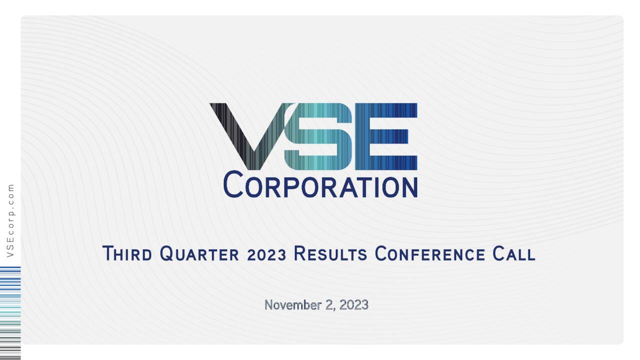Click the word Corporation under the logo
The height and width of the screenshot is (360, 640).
pos(320,184)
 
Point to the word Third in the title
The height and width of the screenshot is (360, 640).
pos(127,253)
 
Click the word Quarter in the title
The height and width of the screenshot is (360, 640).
pos(199,254)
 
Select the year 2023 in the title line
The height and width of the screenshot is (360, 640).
pos(266,254)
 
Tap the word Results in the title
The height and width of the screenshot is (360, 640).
pos(330,254)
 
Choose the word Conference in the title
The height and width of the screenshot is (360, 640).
pos(429,254)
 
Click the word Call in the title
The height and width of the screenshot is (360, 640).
pos(513,254)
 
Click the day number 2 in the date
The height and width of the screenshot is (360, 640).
pos(329,304)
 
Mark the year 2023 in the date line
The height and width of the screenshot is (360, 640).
pos(353,304)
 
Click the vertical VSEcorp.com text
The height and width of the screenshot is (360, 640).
pos(10,220)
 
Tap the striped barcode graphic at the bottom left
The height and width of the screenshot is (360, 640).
pos(10,312)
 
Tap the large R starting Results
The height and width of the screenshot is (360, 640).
pos(299,253)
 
